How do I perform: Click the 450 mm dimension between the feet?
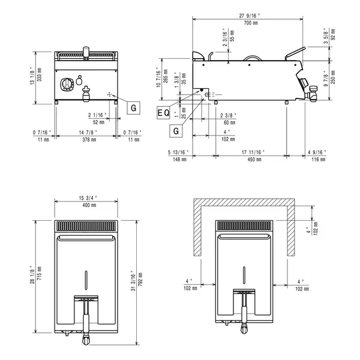coord(251,160)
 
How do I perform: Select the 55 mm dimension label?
coord(232,35)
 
